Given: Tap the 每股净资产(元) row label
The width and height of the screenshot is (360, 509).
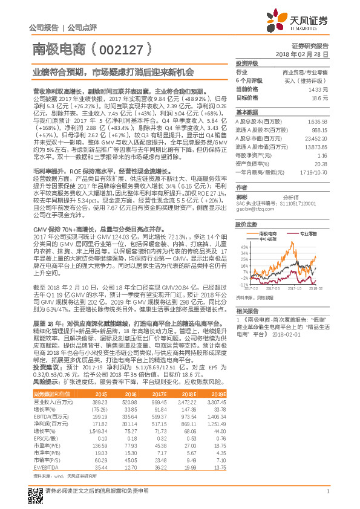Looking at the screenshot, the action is pyautogui.click(x=252, y=155).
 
